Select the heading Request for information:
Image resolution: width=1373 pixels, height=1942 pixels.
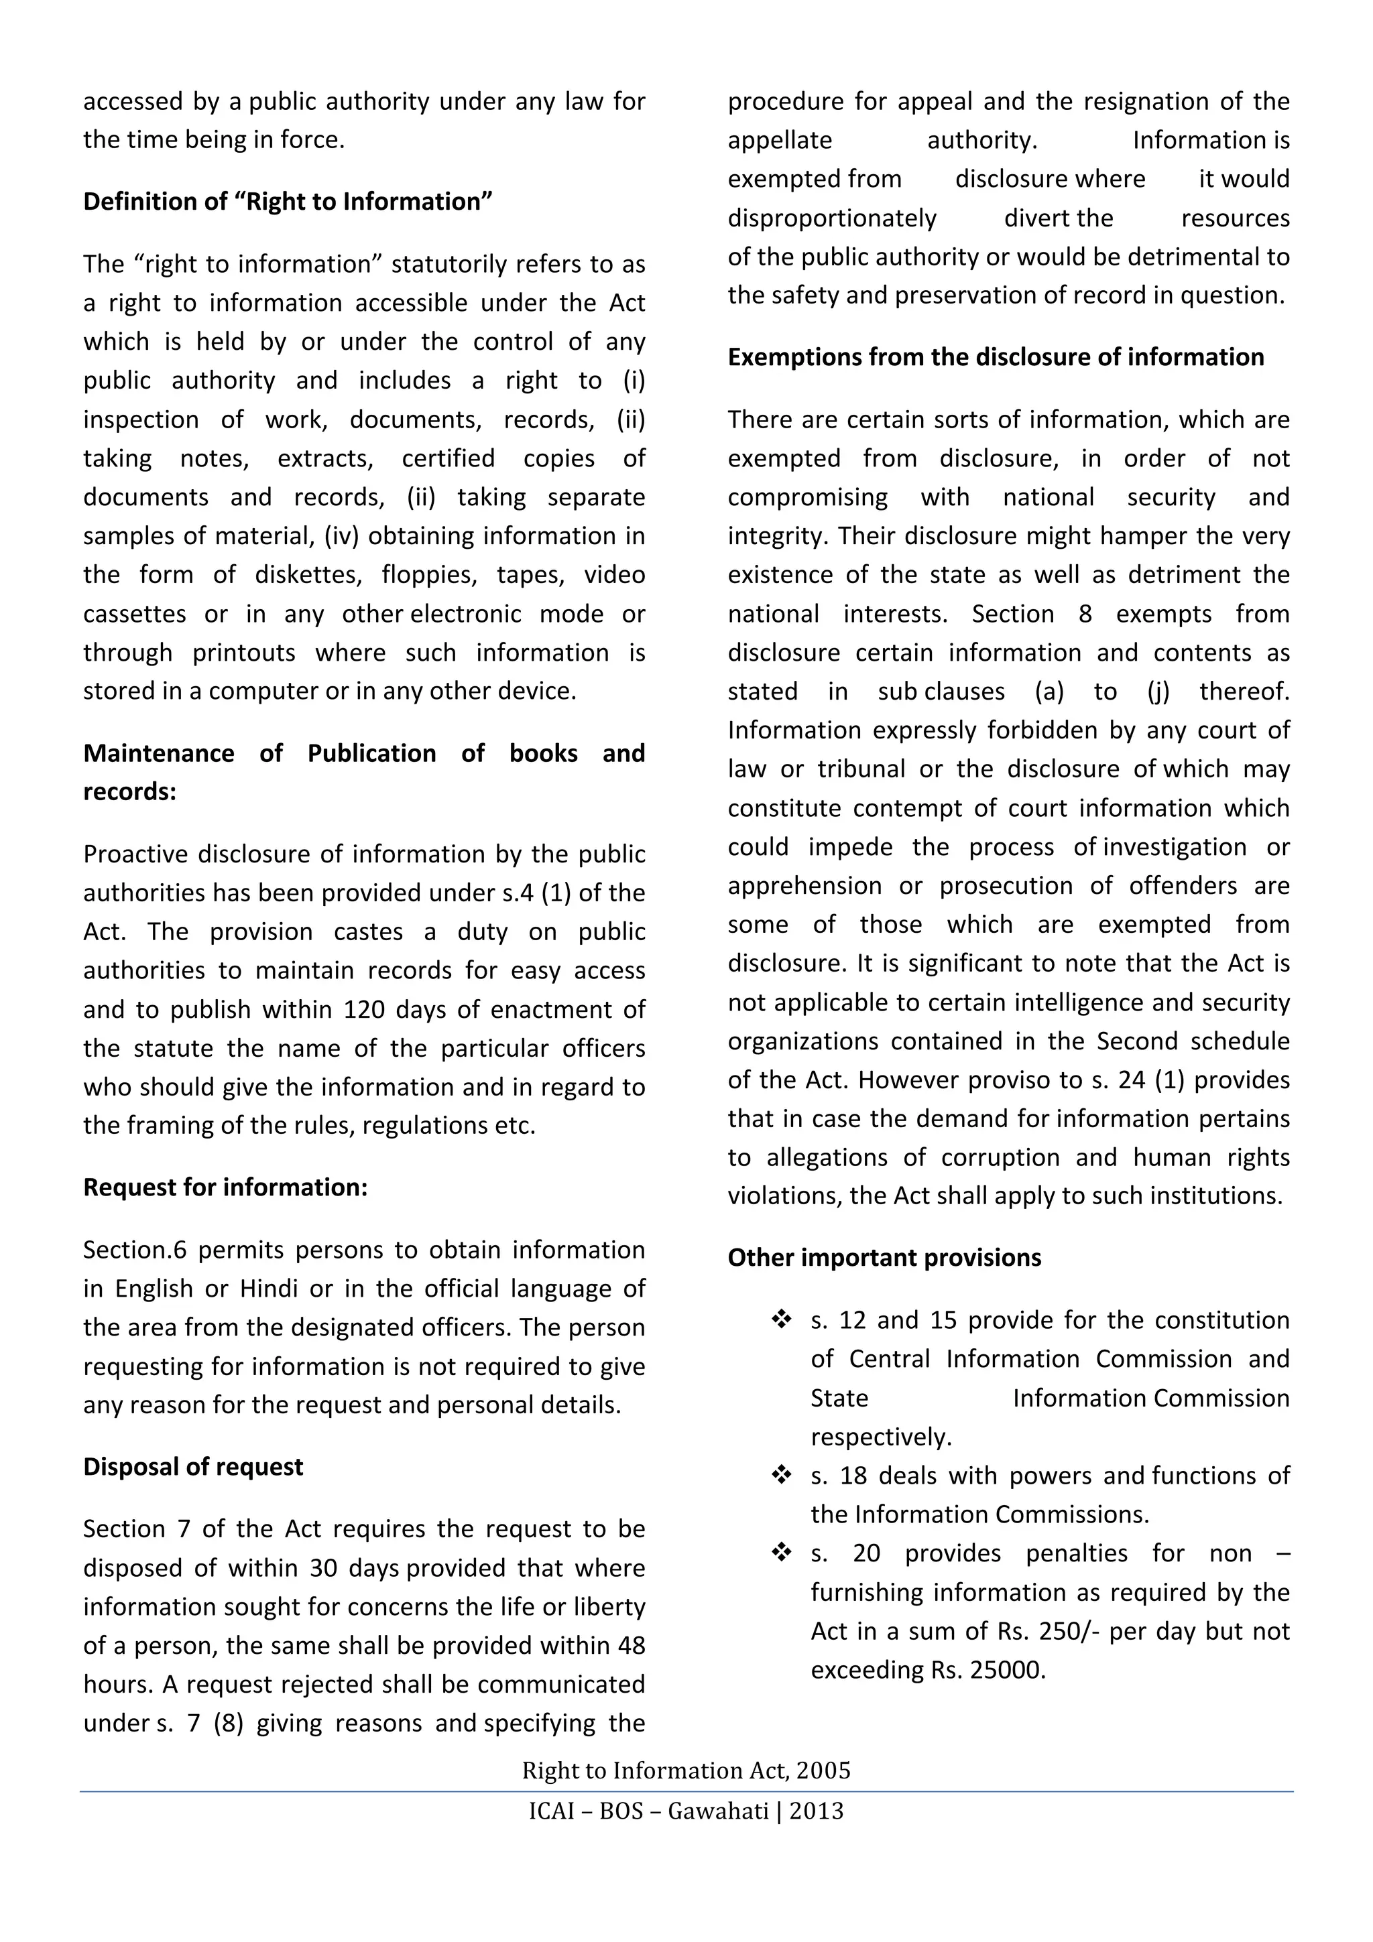pyautogui.click(x=225, y=1187)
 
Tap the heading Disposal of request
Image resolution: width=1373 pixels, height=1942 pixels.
pyautogui.click(x=193, y=1467)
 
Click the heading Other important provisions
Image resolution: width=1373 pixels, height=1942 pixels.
pyautogui.click(x=884, y=1258)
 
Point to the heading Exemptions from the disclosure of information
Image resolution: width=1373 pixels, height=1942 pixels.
pyautogui.click(x=996, y=357)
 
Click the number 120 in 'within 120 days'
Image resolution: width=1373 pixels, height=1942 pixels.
pyautogui.click(x=365, y=1010)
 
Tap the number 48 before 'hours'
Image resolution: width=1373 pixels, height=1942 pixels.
pyautogui.click(x=630, y=1645)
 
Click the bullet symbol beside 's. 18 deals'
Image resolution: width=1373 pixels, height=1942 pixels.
pyautogui.click(x=781, y=1476)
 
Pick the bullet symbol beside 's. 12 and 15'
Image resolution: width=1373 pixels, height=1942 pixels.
pyautogui.click(x=781, y=1320)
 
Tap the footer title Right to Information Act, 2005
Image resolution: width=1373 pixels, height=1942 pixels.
pyautogui.click(x=686, y=1770)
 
